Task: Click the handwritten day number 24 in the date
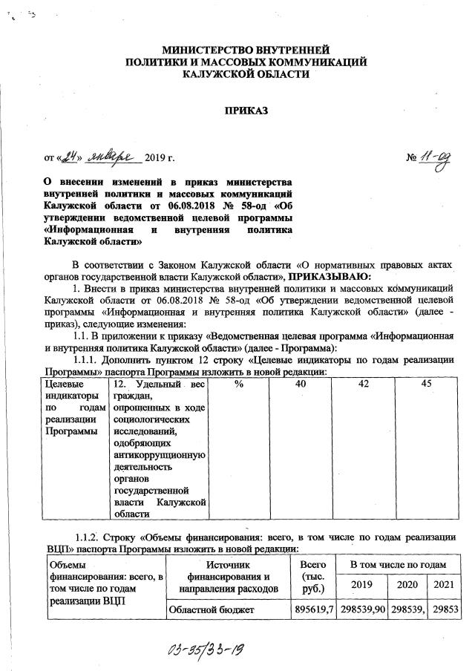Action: coord(69,157)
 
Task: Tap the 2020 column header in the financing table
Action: coord(409,586)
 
